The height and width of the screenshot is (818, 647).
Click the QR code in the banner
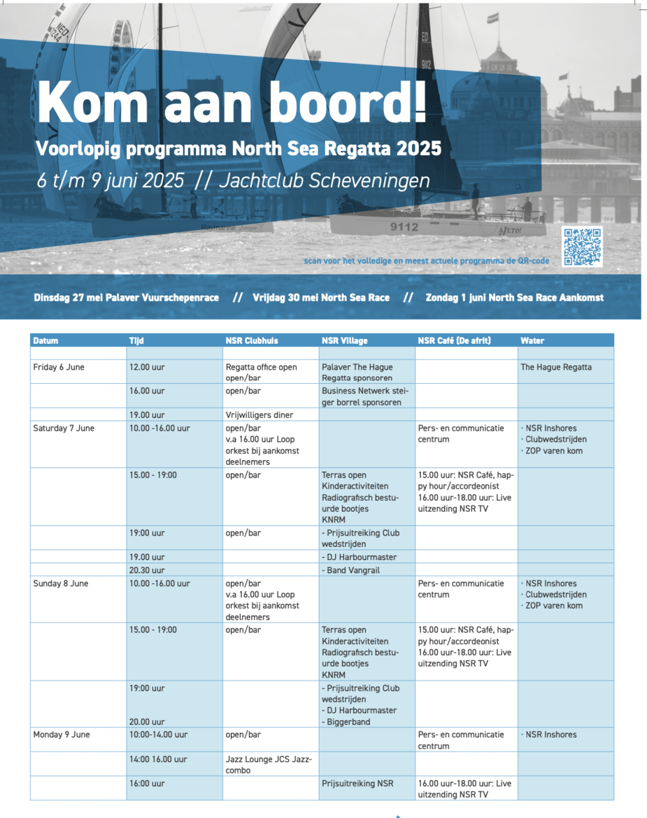582,247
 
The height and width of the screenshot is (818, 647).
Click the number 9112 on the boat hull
404,227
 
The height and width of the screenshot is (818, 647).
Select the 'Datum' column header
46,340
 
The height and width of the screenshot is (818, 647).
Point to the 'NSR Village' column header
345,340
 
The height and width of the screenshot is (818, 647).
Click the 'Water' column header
532,340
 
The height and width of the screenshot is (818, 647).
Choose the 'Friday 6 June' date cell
59,367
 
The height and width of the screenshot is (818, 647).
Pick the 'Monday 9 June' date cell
62,735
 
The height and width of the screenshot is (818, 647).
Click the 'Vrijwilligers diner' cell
259,415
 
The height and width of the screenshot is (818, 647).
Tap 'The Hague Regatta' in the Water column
556,367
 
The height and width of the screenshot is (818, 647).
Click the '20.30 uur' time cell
147,570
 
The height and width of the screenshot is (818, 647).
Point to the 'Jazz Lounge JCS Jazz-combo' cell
269,764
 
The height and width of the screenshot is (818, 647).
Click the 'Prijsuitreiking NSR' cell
357,784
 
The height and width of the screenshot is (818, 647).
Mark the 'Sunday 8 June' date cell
61,583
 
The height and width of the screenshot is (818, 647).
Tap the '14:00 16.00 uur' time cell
158,759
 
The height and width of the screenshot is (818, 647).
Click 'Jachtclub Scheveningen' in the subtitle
325,180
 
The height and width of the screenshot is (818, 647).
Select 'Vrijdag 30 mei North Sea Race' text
321,297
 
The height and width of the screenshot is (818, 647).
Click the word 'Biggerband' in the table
348,722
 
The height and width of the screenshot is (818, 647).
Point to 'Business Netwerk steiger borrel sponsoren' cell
365,396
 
